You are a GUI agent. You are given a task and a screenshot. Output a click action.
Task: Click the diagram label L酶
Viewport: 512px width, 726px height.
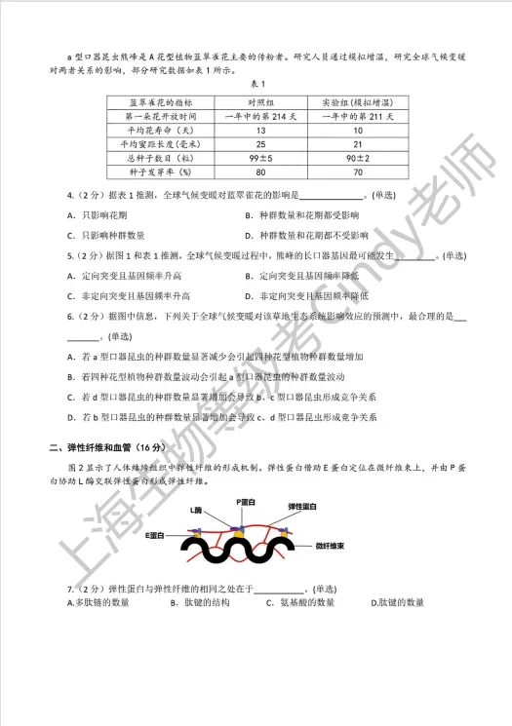(199, 510)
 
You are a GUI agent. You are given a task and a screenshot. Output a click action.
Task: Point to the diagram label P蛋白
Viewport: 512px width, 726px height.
(245, 500)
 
